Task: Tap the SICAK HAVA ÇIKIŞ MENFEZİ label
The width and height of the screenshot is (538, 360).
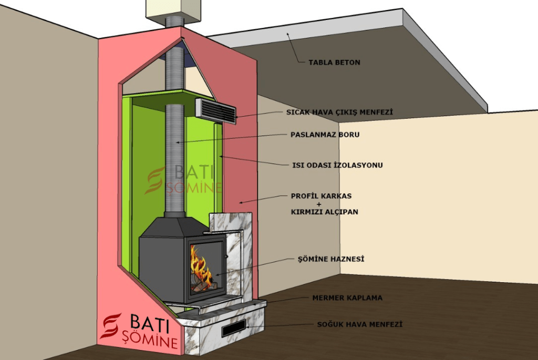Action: tap(339, 112)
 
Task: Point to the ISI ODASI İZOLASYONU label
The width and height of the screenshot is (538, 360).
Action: tap(337, 165)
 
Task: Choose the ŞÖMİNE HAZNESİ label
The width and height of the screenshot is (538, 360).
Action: tap(330, 259)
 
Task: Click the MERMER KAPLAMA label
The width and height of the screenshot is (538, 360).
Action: tap(347, 298)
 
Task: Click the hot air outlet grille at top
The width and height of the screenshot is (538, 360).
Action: tap(215, 110)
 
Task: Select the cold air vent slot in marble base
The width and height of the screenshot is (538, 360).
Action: tap(233, 328)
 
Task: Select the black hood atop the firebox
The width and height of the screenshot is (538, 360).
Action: tap(173, 227)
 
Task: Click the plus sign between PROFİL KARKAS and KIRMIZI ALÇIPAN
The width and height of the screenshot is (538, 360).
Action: tap(321, 204)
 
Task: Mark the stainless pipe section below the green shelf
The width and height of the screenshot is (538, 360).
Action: tap(173, 158)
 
